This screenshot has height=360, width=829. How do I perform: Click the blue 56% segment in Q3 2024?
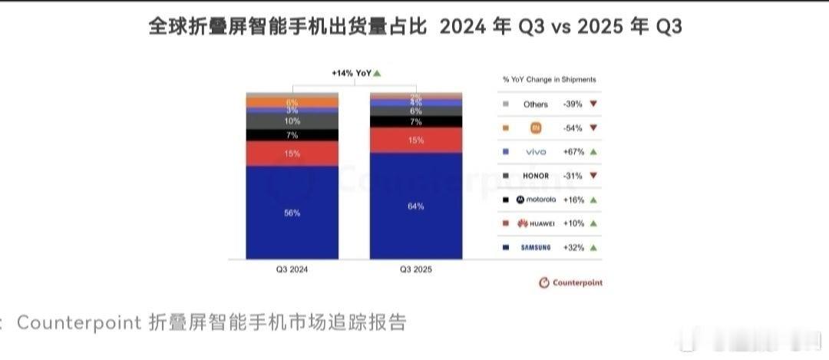tap(292, 213)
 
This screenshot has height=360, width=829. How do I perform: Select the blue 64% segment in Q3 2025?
tap(416, 206)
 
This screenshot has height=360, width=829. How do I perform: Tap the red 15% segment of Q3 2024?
tap(292, 154)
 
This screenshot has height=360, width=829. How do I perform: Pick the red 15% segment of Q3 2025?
tap(416, 140)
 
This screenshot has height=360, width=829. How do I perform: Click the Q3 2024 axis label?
tap(292, 269)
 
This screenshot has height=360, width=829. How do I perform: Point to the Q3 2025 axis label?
tap(416, 269)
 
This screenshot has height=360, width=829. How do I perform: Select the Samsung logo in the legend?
tap(536, 247)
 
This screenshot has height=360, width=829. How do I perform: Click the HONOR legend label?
tap(536, 176)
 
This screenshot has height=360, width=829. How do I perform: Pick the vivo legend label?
tap(536, 152)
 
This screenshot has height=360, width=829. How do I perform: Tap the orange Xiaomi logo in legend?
tap(536, 128)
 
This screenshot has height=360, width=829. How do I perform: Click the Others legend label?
tap(536, 104)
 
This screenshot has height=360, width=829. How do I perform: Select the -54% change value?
tap(573, 128)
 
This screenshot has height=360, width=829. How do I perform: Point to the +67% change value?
tap(573, 152)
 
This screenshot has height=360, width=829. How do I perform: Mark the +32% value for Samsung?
tap(573, 247)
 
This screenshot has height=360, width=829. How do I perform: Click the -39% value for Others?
tap(573, 104)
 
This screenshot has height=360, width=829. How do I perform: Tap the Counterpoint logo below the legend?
tap(570, 282)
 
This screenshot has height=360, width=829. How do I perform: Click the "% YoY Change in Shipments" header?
tap(549, 79)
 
